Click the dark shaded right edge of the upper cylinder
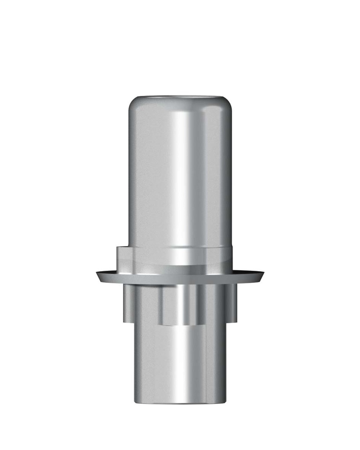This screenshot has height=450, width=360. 228,176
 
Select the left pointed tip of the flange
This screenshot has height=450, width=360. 97,275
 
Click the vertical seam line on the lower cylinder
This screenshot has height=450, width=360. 206,365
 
